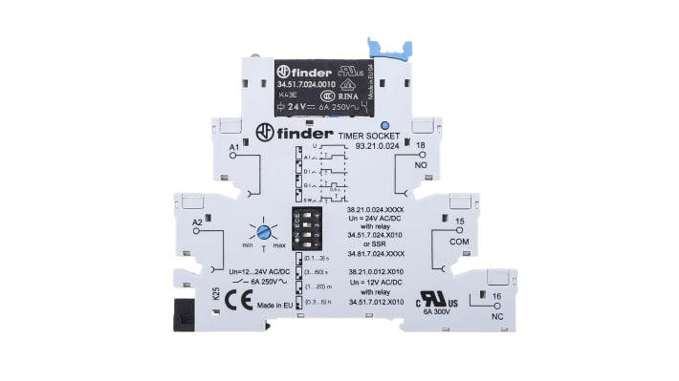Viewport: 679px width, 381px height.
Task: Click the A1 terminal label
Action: [x=235, y=147]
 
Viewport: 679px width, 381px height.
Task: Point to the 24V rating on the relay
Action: [x=303, y=106]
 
